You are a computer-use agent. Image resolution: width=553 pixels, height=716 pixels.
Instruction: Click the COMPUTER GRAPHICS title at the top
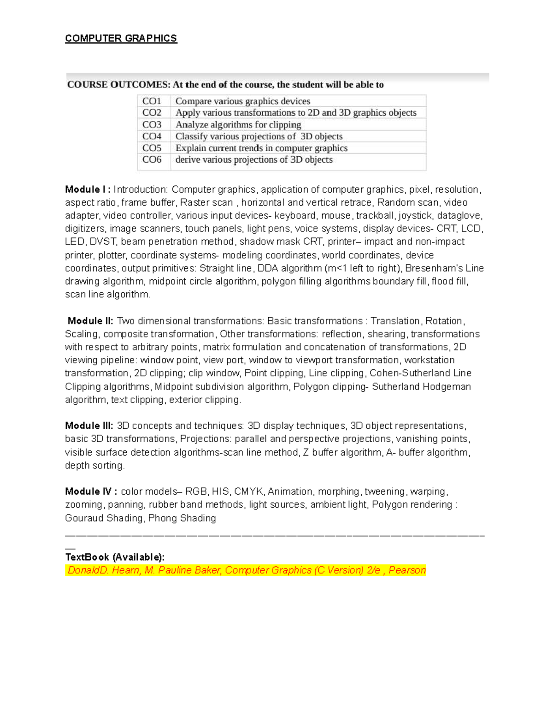click(x=121, y=38)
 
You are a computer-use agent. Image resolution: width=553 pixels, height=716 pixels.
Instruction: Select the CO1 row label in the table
click(x=152, y=101)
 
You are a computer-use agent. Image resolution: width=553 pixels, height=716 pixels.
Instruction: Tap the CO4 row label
click(x=152, y=136)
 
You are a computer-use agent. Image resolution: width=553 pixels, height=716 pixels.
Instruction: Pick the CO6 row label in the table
click(x=152, y=160)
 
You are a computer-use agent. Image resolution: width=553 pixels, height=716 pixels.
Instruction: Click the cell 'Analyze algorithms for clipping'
click(x=238, y=124)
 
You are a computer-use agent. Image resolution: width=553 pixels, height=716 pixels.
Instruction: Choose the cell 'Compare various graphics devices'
click(x=243, y=101)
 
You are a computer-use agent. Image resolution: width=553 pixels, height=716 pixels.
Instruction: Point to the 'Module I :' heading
click(x=88, y=189)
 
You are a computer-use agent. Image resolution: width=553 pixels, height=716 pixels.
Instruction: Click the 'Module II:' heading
click(x=90, y=321)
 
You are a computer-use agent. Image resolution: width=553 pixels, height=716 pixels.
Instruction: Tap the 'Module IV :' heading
click(x=91, y=491)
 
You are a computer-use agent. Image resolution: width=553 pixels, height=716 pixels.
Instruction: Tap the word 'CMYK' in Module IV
click(x=249, y=491)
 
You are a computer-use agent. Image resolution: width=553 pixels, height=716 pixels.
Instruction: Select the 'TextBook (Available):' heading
click(x=114, y=557)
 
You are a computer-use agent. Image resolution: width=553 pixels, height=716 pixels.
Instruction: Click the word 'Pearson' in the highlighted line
click(x=407, y=570)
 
